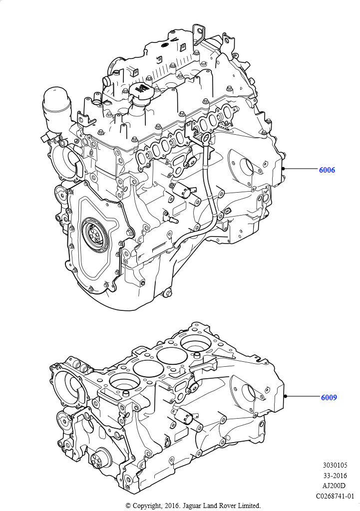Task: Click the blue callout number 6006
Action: click(327, 170)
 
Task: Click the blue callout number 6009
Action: click(329, 397)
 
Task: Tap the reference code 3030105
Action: click(335, 466)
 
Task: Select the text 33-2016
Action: click(335, 476)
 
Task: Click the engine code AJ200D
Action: click(334, 486)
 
